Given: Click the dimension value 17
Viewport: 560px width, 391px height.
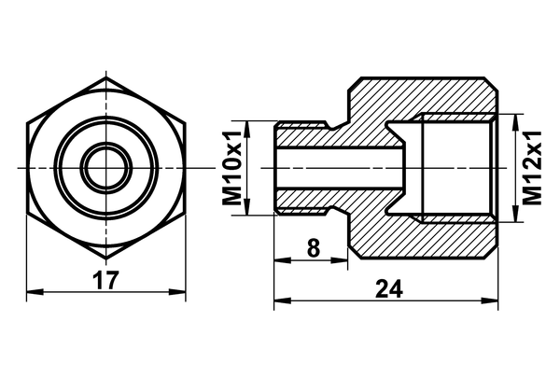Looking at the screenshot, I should click(106, 278).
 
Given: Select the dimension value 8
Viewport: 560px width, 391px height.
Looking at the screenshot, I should click(312, 248).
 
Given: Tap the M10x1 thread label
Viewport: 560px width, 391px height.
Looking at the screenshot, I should click(232, 168).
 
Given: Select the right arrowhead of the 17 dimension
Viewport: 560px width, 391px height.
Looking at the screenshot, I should click(182, 293).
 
